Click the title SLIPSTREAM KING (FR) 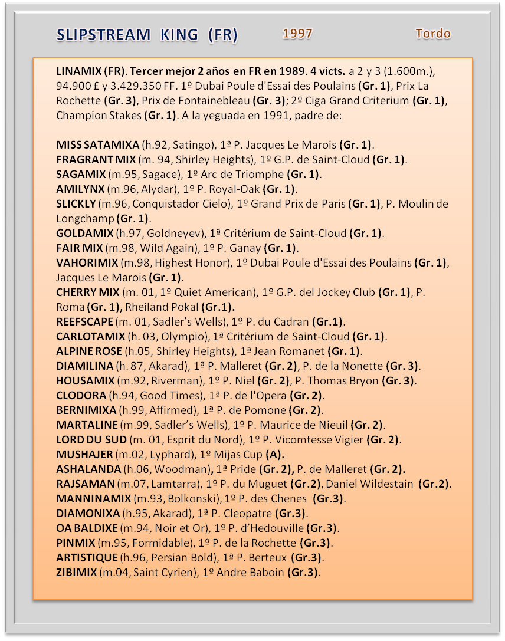[x=147, y=35]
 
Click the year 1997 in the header [x=297, y=34]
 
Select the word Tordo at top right [x=433, y=34]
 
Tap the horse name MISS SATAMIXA [x=98, y=145]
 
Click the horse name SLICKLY [x=76, y=204]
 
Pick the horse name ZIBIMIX [x=77, y=573]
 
